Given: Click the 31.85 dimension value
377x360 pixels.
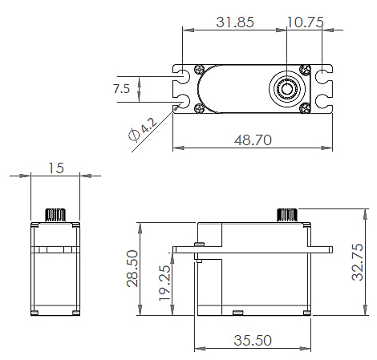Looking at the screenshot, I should (x=235, y=22).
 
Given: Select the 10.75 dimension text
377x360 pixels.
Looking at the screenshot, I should (x=305, y=22).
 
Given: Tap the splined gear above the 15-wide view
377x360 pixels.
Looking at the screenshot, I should (x=55, y=214).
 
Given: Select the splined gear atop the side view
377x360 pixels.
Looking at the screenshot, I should (x=289, y=213).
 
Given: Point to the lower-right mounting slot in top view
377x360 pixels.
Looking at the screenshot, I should (x=323, y=103).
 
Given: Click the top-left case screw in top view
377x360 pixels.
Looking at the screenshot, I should (x=199, y=69).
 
